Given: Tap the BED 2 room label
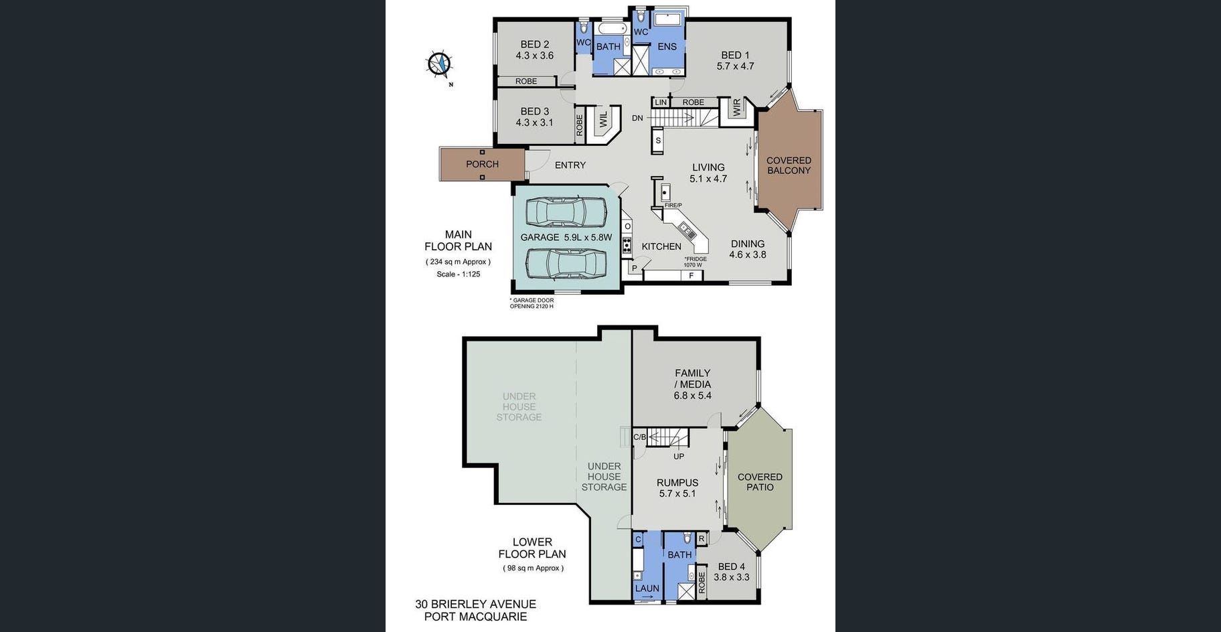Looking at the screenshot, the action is [535, 45].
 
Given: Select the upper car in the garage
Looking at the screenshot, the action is [566, 212].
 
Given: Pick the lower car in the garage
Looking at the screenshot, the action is [566, 263].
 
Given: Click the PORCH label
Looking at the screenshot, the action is [482, 164].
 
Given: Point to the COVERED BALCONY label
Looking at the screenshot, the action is [789, 165].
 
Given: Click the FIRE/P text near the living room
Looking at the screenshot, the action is [673, 206].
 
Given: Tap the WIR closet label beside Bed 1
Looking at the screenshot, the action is [737, 108].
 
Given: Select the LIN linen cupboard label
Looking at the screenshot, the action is [661, 102].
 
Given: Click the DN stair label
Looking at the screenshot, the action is [637, 118].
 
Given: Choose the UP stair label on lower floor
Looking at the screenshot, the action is [679, 457].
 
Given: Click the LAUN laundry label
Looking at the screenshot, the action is [647, 588].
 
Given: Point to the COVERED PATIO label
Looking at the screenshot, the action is [760, 482].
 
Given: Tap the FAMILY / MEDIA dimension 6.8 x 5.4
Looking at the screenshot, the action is [693, 396].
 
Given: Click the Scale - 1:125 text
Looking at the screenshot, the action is [459, 274].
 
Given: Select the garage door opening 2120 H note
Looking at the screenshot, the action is [532, 303].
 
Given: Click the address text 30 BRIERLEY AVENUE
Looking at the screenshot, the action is [475, 604].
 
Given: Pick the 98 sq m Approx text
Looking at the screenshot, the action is [534, 568].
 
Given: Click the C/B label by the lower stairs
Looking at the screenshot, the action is [640, 437].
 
